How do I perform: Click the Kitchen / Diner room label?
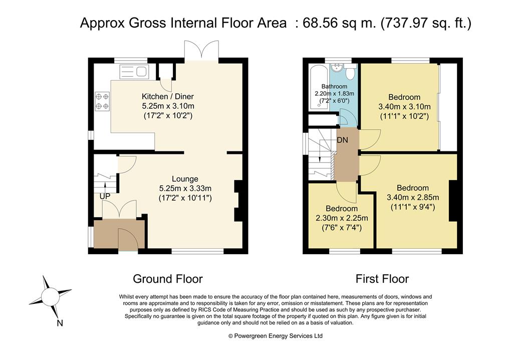pyautogui.click(x=167, y=96)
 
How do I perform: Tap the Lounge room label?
pyautogui.click(x=185, y=179)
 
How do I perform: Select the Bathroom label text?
pyautogui.click(x=334, y=86)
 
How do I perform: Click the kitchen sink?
pyautogui.click(x=134, y=72)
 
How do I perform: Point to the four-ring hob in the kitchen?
pyautogui.click(x=102, y=102)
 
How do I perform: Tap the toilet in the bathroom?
pyautogui.click(x=350, y=72)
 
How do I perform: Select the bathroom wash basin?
pyautogui.click(x=337, y=68)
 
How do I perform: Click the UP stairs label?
pyautogui.click(x=105, y=196)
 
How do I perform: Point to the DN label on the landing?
pyautogui.click(x=342, y=140)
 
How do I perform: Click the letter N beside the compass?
pyautogui.click(x=60, y=323)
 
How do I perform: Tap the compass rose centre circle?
pyautogui.click(x=51, y=296)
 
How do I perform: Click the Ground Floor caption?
pyautogui.click(x=167, y=279)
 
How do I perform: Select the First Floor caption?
pyautogui.click(x=382, y=279)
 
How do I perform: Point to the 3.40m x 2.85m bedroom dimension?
pyautogui.click(x=413, y=198)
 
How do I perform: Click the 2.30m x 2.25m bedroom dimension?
pyautogui.click(x=342, y=218)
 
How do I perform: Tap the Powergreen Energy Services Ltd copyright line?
pyautogui.click(x=275, y=336)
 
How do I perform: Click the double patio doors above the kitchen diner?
pyautogui.click(x=201, y=51)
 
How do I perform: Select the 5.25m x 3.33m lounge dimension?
pyautogui.click(x=185, y=189)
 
